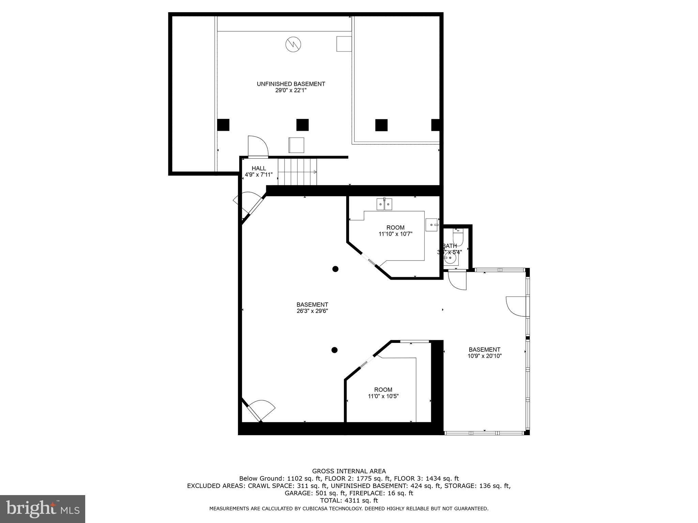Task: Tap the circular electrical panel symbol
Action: click(293, 44)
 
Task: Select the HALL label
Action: click(259, 168)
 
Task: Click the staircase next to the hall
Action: click(297, 172)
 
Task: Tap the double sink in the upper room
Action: click(384, 204)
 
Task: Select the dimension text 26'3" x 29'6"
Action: click(312, 311)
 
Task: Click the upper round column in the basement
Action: click(335, 269)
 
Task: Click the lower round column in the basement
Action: click(334, 350)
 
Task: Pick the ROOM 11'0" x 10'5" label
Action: click(383, 393)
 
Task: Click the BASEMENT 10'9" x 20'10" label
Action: click(484, 353)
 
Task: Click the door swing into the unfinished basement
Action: click(258, 146)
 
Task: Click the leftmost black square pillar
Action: click(223, 125)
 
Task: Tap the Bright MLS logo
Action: click(43, 509)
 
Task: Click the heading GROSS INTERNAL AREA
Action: click(349, 471)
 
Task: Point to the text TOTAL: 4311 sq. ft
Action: click(349, 501)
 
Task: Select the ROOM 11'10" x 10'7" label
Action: click(395, 231)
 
